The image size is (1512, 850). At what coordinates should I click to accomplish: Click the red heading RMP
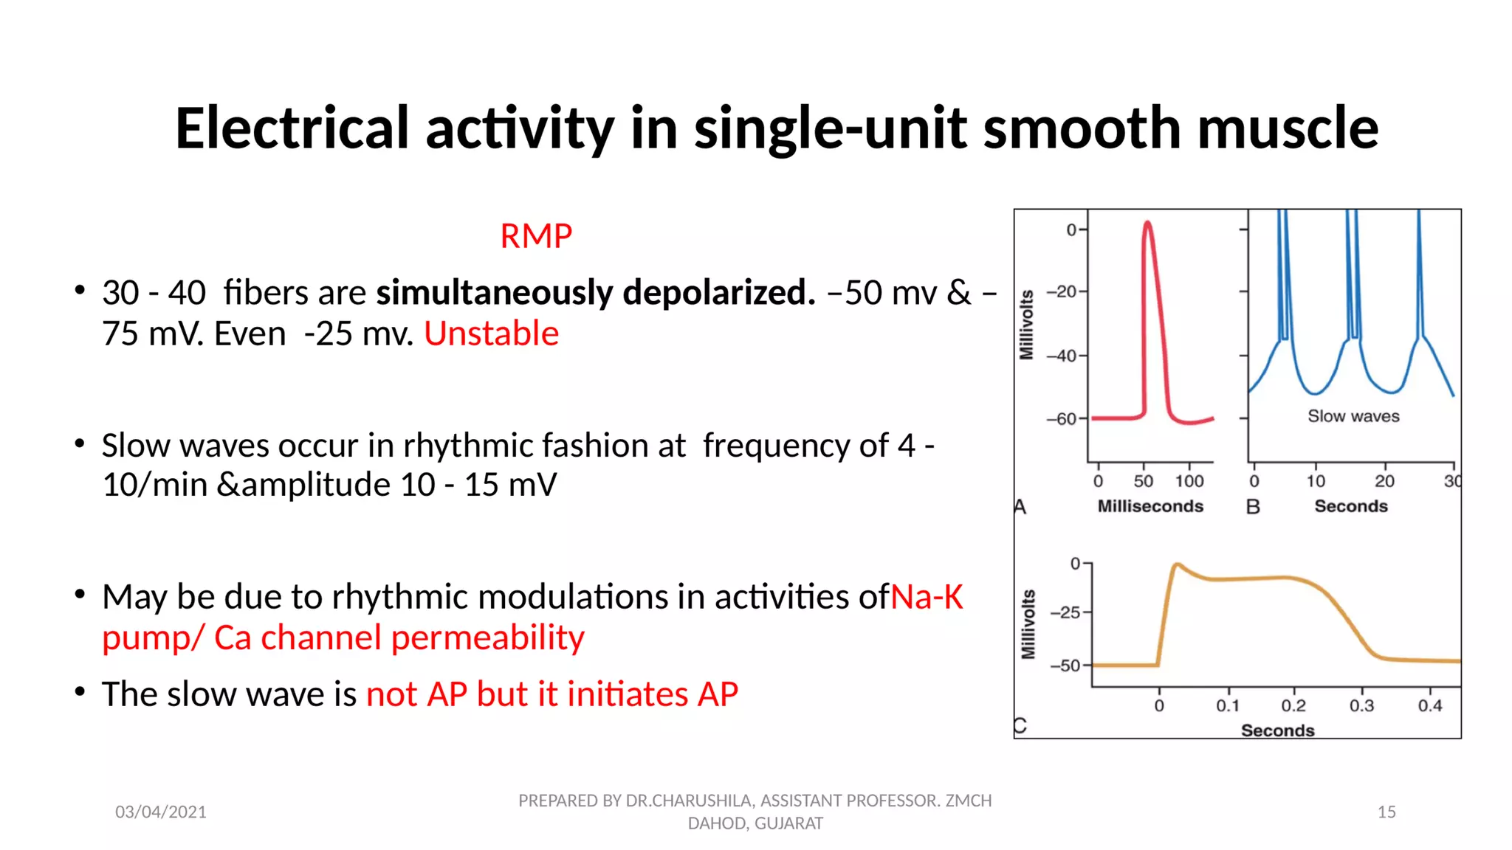(536, 237)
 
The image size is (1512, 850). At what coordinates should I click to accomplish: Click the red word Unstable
(491, 334)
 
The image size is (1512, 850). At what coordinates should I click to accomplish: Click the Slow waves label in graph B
(1353, 416)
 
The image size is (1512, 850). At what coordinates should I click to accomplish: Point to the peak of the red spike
(1147, 222)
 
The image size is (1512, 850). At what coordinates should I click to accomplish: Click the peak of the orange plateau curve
(1178, 565)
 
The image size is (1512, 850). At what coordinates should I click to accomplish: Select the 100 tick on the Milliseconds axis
(1189, 481)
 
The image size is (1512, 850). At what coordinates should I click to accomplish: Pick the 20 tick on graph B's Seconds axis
(1384, 481)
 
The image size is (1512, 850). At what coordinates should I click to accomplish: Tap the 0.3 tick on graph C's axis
(1361, 705)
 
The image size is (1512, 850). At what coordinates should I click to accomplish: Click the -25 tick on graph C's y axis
(1065, 612)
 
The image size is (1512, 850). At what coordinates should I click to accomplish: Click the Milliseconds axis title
(1150, 506)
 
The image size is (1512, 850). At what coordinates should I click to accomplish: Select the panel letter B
(1253, 507)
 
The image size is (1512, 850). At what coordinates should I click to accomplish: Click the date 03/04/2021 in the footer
(161, 812)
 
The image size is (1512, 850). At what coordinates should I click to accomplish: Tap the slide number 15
(1386, 812)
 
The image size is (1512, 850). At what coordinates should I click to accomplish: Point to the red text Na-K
(927, 597)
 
